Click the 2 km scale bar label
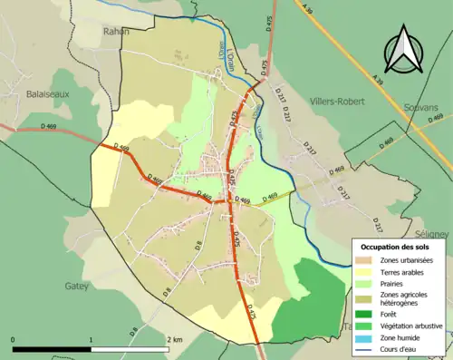(174, 337)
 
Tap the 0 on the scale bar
(13, 337)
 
